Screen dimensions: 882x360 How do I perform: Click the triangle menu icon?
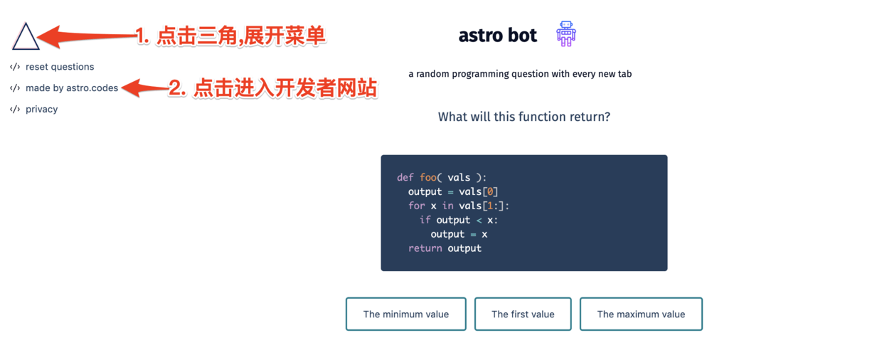pyautogui.click(x=26, y=36)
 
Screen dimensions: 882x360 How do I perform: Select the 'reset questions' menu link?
pyautogui.click(x=60, y=67)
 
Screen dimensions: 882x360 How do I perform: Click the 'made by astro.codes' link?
pyautogui.click(x=72, y=88)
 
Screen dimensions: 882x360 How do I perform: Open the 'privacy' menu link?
pyautogui.click(x=41, y=110)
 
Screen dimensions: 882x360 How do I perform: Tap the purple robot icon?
pyautogui.click(x=566, y=34)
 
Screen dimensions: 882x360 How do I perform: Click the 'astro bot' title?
pyautogui.click(x=497, y=36)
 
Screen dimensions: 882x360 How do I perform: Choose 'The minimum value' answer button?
pyautogui.click(x=405, y=314)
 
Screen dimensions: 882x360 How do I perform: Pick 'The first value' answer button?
pyautogui.click(x=523, y=314)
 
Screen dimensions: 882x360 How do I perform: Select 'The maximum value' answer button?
pyautogui.click(x=641, y=314)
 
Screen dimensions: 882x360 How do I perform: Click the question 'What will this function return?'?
pyautogui.click(x=524, y=117)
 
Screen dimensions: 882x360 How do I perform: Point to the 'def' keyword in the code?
pyautogui.click(x=405, y=177)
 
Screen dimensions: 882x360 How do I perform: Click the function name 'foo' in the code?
pyautogui.click(x=427, y=177)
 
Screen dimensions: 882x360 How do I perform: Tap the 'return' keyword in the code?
pyautogui.click(x=425, y=248)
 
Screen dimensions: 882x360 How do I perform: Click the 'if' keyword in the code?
pyautogui.click(x=425, y=220)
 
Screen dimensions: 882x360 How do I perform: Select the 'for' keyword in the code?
pyautogui.click(x=416, y=206)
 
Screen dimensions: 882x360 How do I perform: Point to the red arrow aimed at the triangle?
pyautogui.click(x=85, y=35)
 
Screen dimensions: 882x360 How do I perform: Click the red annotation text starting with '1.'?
pyautogui.click(x=230, y=36)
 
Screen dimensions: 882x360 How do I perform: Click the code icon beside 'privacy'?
pyautogui.click(x=15, y=110)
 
